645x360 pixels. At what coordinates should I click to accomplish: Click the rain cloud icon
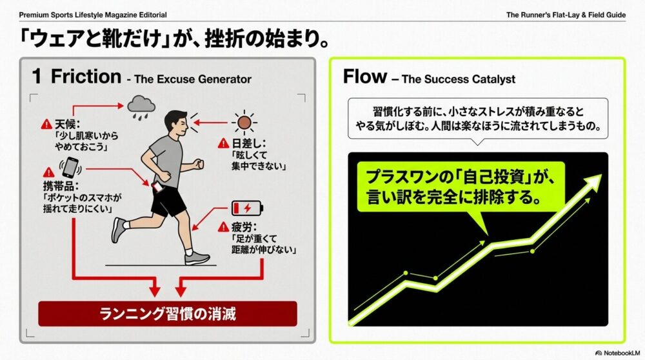pos(141,107)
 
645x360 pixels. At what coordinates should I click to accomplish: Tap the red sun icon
pos(244,122)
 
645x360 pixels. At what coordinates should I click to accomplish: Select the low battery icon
pos(247,208)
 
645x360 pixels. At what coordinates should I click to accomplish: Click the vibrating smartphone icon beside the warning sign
pos(70,168)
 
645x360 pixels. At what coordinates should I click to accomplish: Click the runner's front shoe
pos(197,258)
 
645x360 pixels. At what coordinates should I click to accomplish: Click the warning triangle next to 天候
pos(46,124)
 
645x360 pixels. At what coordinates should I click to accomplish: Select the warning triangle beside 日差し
pos(223,143)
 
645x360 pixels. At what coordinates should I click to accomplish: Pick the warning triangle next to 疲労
pos(223,226)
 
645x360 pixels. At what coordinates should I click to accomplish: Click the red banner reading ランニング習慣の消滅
pos(168,314)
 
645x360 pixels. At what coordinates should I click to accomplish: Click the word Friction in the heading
pos(86,77)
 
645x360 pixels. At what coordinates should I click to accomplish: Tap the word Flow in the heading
pos(365,77)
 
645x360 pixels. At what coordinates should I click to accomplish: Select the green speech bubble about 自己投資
pos(461,187)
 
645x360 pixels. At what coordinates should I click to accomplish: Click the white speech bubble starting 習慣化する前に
pos(477,119)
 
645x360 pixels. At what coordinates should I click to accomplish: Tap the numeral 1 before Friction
pos(37,77)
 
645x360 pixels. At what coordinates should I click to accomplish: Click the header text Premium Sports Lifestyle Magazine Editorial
pos(93,15)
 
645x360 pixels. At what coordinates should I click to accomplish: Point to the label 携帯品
pos(61,186)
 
